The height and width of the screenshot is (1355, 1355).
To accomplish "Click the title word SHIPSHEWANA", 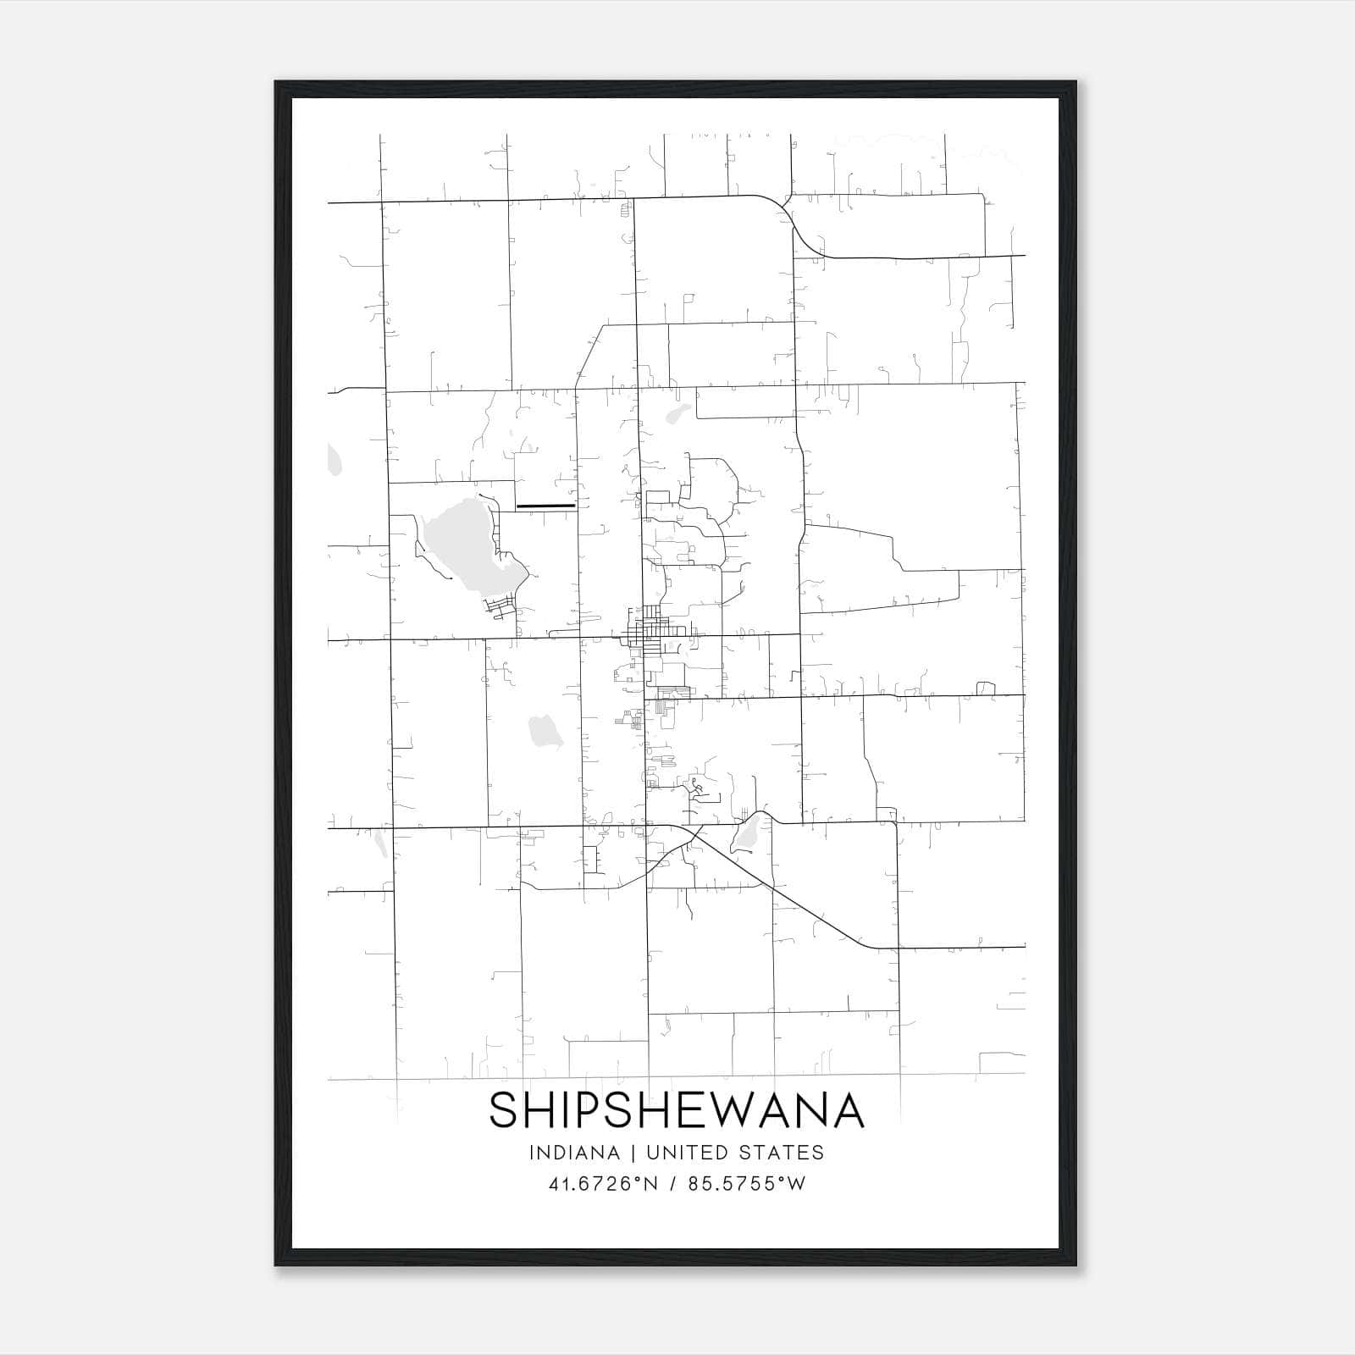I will tap(677, 1110).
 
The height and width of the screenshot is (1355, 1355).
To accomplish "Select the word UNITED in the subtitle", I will tap(694, 1153).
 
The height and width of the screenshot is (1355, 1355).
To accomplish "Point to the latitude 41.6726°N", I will tap(603, 1183).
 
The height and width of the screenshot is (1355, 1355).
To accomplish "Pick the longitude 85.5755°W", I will tap(747, 1183).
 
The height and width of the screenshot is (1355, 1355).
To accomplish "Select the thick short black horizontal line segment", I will tap(545, 506).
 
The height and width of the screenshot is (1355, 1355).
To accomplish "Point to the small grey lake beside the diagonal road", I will tap(745, 835).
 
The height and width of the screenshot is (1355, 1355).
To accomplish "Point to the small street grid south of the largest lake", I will tap(500, 606).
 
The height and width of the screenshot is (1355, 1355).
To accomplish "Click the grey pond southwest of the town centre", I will tap(545, 731).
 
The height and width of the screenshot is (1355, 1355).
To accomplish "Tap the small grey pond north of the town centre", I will tap(678, 414).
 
